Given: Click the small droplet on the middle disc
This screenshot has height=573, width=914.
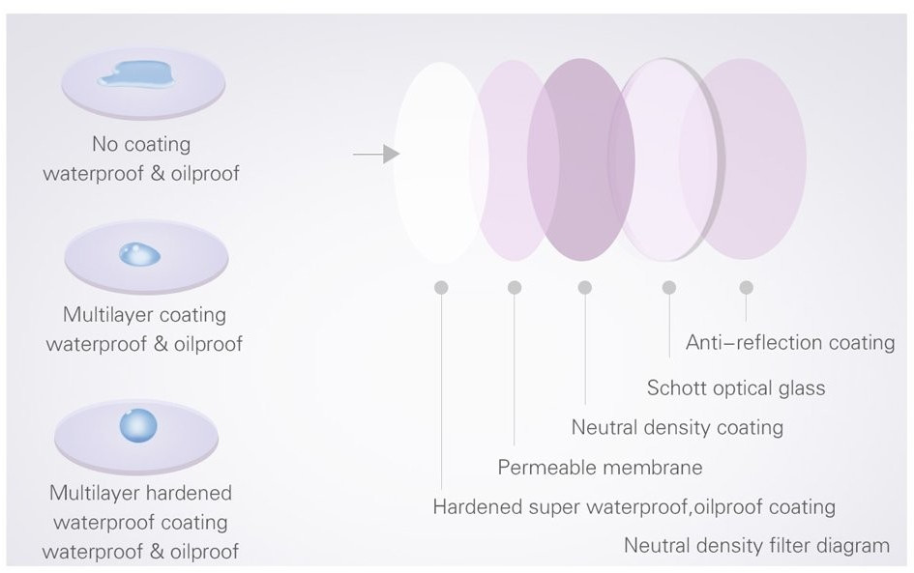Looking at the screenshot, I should [x=140, y=255].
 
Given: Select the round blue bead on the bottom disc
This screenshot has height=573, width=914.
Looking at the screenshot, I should [x=137, y=425].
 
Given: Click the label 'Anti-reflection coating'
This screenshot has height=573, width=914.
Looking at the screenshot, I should [x=790, y=343].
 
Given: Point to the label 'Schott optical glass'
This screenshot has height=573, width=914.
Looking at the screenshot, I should [x=736, y=388].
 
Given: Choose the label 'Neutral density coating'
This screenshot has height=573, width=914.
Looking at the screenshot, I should [x=677, y=427].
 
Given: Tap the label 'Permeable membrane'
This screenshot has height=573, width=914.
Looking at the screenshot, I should [x=600, y=468].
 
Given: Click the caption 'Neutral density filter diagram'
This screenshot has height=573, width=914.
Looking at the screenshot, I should [x=756, y=546].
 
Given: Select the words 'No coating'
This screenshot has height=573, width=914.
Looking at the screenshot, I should [x=141, y=145].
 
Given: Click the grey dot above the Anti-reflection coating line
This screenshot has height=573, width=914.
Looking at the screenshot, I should [x=746, y=287].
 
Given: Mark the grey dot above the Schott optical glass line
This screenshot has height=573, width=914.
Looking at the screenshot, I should [x=668, y=287].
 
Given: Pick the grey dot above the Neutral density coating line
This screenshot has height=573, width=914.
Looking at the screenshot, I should [x=585, y=287].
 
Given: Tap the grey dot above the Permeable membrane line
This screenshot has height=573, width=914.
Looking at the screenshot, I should [x=515, y=287].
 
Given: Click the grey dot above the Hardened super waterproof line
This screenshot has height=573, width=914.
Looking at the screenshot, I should [x=442, y=287].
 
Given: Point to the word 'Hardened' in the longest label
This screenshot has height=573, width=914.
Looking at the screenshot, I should [x=474, y=507].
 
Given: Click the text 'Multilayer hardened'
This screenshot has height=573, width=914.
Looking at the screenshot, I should [x=141, y=493].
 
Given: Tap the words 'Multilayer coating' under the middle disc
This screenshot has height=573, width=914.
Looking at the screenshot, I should [x=144, y=315].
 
